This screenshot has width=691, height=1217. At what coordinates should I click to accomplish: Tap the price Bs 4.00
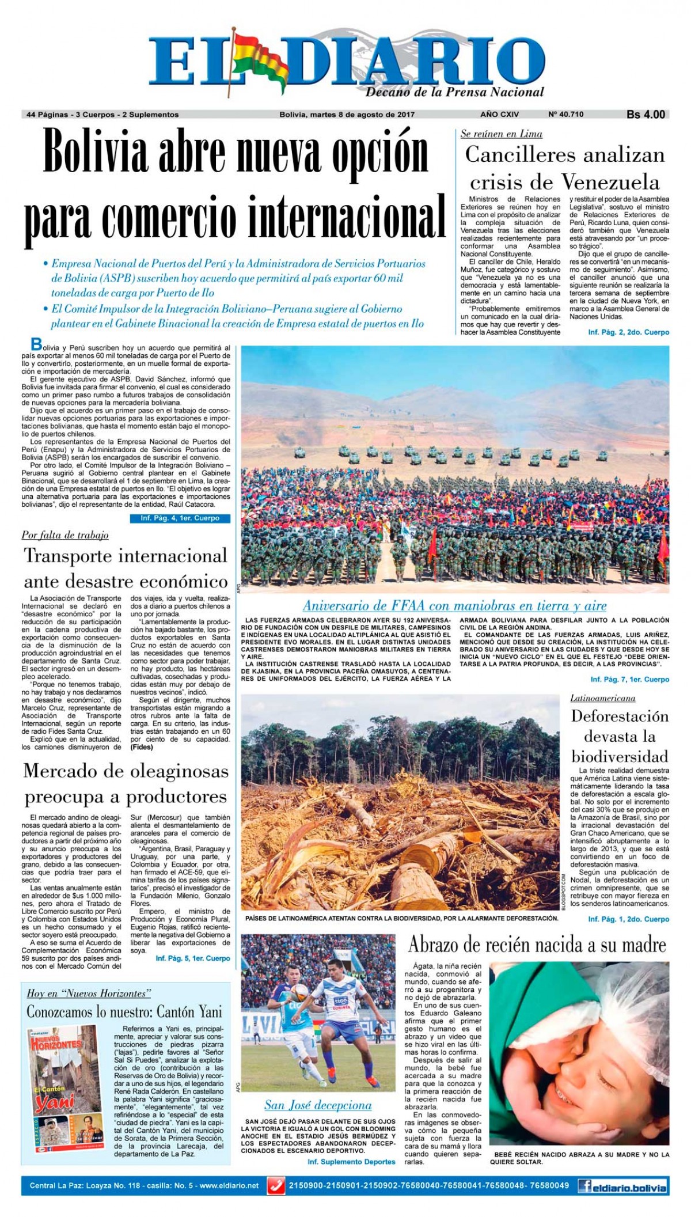pos(646,115)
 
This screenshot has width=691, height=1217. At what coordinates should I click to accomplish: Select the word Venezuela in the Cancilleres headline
pos(610,183)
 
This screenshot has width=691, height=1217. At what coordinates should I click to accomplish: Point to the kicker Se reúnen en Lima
pos(502,134)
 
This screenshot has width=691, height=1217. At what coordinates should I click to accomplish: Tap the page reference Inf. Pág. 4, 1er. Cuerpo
pos(180,518)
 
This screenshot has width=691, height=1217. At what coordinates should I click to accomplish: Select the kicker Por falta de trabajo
pos(65,535)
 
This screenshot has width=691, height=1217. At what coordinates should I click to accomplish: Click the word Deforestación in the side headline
pos(620,716)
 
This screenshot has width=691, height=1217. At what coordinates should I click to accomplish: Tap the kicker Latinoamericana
pos(603,698)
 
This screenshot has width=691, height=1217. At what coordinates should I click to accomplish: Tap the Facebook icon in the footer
pos(586,1186)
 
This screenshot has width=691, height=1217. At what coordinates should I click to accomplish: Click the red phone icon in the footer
pos(277,1186)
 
